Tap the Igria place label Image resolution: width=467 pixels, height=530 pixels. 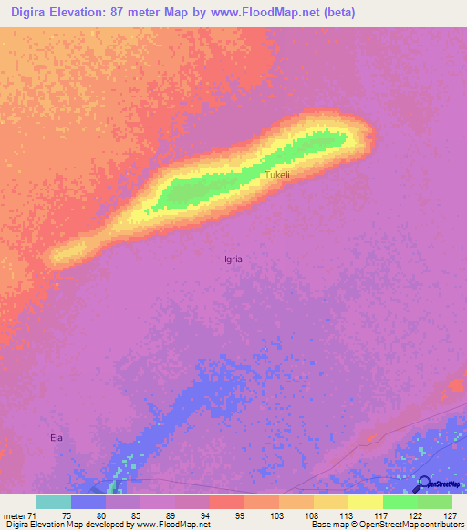[x=233, y=259]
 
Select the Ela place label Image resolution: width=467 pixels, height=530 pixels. [x=57, y=438]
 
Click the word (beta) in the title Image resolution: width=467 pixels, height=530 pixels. [x=335, y=12]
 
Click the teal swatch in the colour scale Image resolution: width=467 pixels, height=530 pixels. [x=54, y=502]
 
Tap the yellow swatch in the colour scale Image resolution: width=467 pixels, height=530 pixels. [x=366, y=502]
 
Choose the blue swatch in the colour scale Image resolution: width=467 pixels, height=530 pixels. [x=88, y=502]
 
